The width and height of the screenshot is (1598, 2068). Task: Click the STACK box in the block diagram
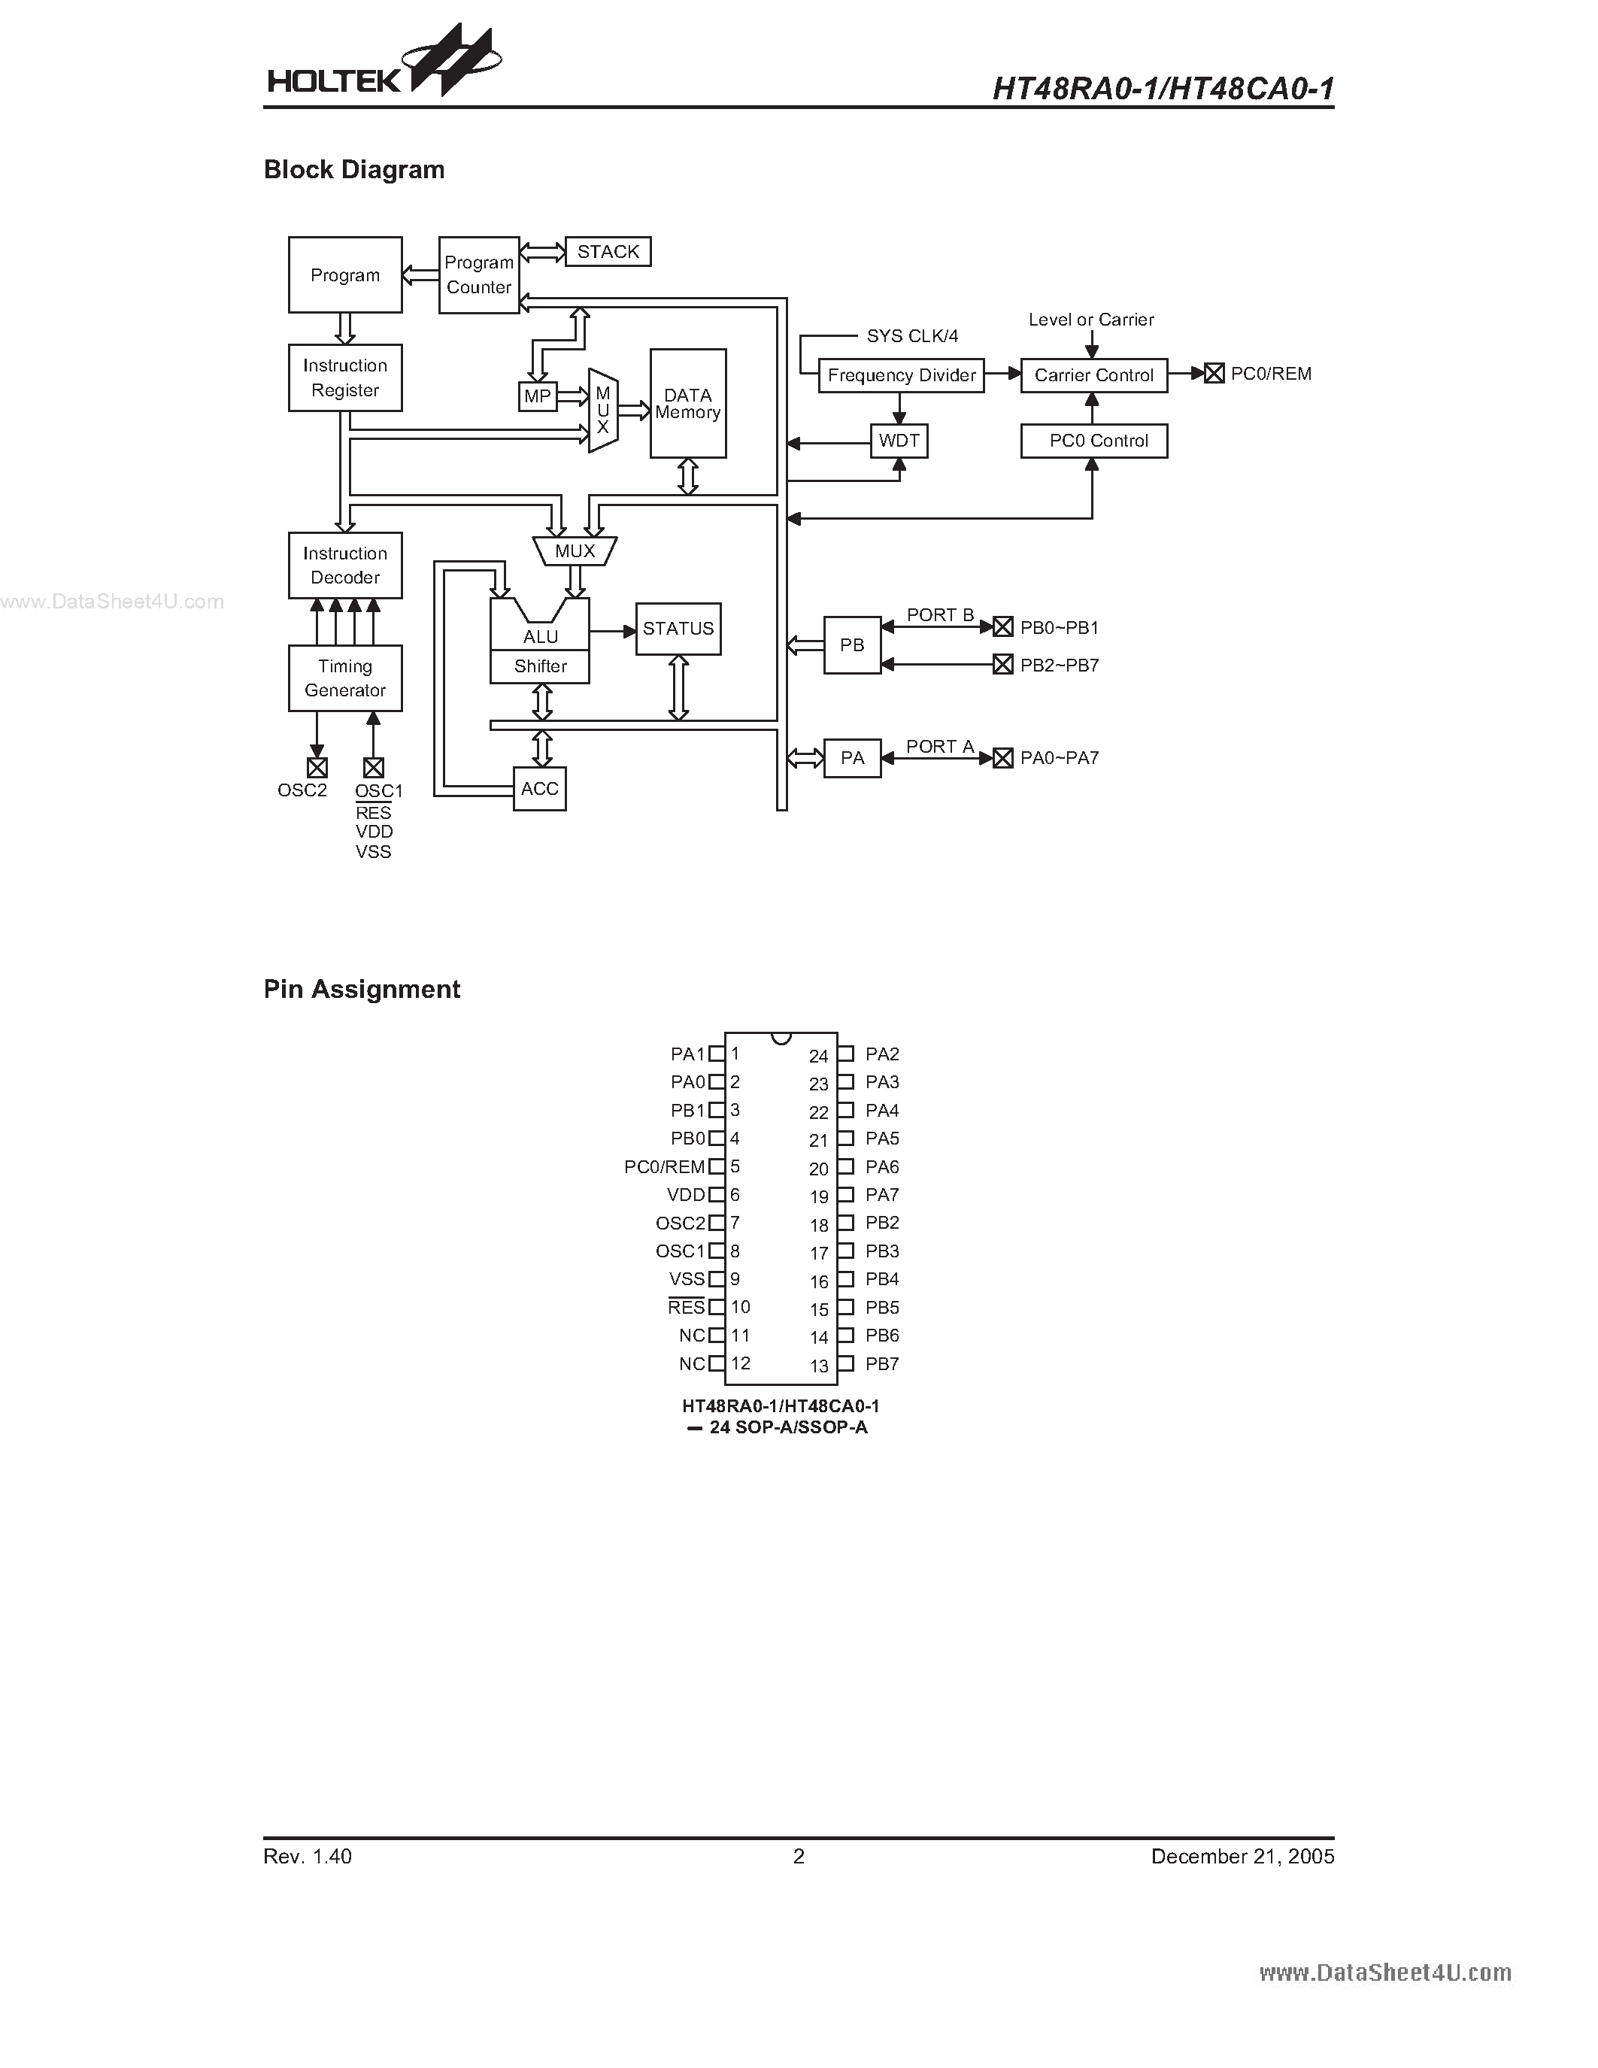click(608, 252)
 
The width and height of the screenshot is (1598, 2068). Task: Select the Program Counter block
click(479, 274)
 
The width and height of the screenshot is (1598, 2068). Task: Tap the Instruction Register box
click(344, 378)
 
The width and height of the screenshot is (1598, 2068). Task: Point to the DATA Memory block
click(687, 403)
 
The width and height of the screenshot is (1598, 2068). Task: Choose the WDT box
click(899, 441)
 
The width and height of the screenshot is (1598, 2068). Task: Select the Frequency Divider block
click(901, 375)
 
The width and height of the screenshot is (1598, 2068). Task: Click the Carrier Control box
click(1093, 375)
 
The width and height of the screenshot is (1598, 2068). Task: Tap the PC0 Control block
click(1093, 441)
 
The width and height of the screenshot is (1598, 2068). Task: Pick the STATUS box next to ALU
click(678, 629)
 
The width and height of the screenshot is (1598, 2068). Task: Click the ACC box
click(540, 789)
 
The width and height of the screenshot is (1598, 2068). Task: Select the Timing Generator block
click(344, 678)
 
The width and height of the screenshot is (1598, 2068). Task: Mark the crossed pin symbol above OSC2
click(317, 767)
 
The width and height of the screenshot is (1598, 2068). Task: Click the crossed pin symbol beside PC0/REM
click(1214, 374)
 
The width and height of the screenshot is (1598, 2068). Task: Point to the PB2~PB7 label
click(1060, 666)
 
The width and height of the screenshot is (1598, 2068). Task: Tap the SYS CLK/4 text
click(911, 336)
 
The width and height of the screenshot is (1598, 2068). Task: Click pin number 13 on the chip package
click(819, 1366)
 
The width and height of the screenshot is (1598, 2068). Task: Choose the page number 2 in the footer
click(799, 1857)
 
